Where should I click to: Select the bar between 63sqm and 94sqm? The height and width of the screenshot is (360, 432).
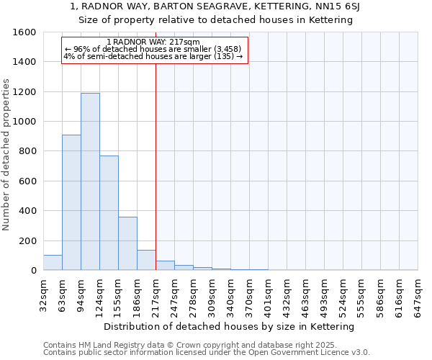[x=71, y=202]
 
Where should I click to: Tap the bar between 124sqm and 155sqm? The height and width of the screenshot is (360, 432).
[x=109, y=212]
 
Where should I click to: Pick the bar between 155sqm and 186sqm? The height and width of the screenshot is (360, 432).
[x=127, y=243]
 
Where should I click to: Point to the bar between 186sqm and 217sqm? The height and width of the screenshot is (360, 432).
[x=146, y=260]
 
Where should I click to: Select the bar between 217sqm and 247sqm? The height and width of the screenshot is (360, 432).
[x=165, y=266]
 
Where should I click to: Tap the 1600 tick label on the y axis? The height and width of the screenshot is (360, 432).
[x=24, y=32]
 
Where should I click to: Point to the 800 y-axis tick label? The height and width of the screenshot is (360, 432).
[x=27, y=151]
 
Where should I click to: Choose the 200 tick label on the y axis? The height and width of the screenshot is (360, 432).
[x=27, y=240]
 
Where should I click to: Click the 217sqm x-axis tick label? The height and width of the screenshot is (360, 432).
[x=156, y=294]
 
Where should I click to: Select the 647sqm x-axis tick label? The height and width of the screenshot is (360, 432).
[x=418, y=294]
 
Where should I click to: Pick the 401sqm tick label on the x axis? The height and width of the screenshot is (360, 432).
[x=268, y=294]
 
